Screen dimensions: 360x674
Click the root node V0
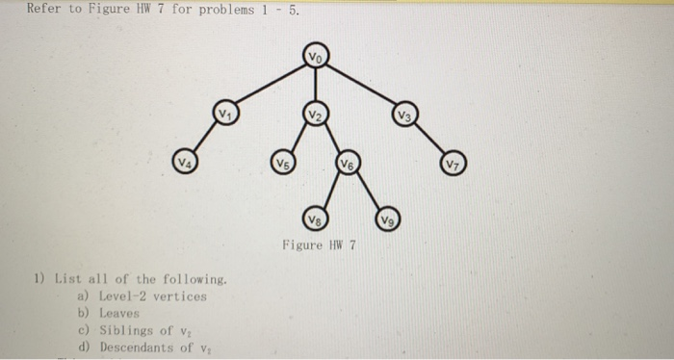[316, 56]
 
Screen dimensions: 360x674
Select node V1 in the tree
[225, 113]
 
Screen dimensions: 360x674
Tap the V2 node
[316, 114]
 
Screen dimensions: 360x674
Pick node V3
[406, 116]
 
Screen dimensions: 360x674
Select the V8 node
[316, 217]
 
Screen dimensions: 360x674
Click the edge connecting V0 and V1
[271, 85]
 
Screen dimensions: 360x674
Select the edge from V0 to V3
[361, 86]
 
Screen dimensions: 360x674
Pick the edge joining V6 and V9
[368, 191]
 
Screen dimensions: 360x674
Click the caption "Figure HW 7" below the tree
[319, 244]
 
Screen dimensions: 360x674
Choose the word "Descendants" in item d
[135, 346]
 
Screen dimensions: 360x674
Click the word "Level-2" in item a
[125, 296]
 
